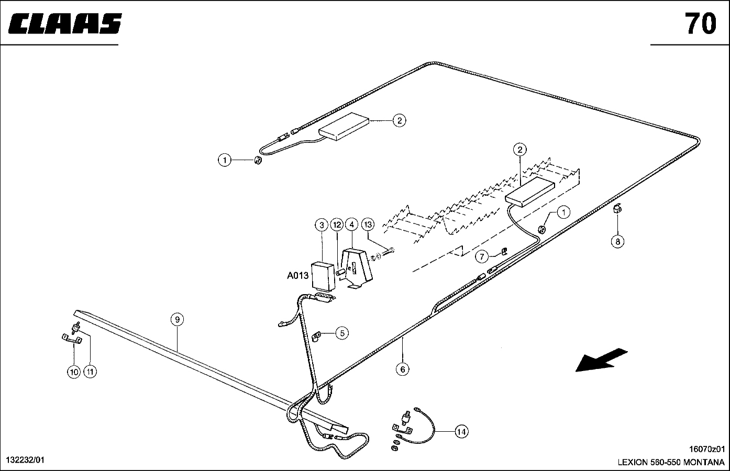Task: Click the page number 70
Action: tap(700, 24)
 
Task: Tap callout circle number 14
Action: tap(461, 431)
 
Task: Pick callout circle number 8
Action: tap(618, 241)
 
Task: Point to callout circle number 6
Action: tap(402, 369)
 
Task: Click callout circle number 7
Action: tap(482, 256)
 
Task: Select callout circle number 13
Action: tap(368, 225)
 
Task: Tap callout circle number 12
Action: tap(337, 225)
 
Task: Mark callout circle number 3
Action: tap(321, 225)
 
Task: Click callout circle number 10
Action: tap(73, 372)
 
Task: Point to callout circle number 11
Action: tap(90, 372)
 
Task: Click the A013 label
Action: tap(297, 276)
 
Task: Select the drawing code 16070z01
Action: tap(706, 449)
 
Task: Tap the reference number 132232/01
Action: tap(25, 460)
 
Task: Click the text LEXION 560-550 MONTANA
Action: tap(671, 463)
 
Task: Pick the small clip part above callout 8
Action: tap(617, 210)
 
